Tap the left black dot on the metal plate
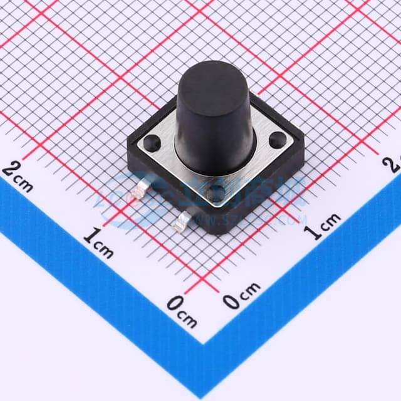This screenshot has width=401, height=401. click(150, 143)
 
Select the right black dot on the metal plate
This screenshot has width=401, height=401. click(276, 142)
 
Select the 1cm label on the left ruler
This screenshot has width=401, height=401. click(98, 243)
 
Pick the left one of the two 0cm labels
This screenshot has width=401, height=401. click(182, 311)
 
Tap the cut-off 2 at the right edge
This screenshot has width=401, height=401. click(395, 164)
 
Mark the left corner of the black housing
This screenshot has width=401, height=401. click(128, 145)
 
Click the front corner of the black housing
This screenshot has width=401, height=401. click(216, 231)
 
